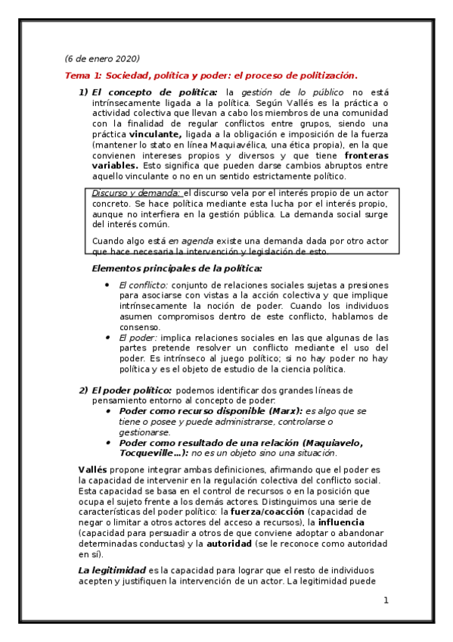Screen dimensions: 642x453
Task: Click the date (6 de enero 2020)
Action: [x=102, y=59]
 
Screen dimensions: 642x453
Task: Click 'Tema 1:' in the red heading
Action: [x=83, y=76]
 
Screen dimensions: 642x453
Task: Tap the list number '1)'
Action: [x=84, y=92]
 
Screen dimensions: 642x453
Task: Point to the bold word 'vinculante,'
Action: [x=155, y=134]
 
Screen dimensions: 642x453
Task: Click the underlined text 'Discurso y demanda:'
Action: [x=136, y=194]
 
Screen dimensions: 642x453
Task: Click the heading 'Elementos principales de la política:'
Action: [x=177, y=269]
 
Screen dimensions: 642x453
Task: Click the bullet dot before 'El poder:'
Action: [x=108, y=338]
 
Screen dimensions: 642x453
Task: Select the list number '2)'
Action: [x=84, y=390]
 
